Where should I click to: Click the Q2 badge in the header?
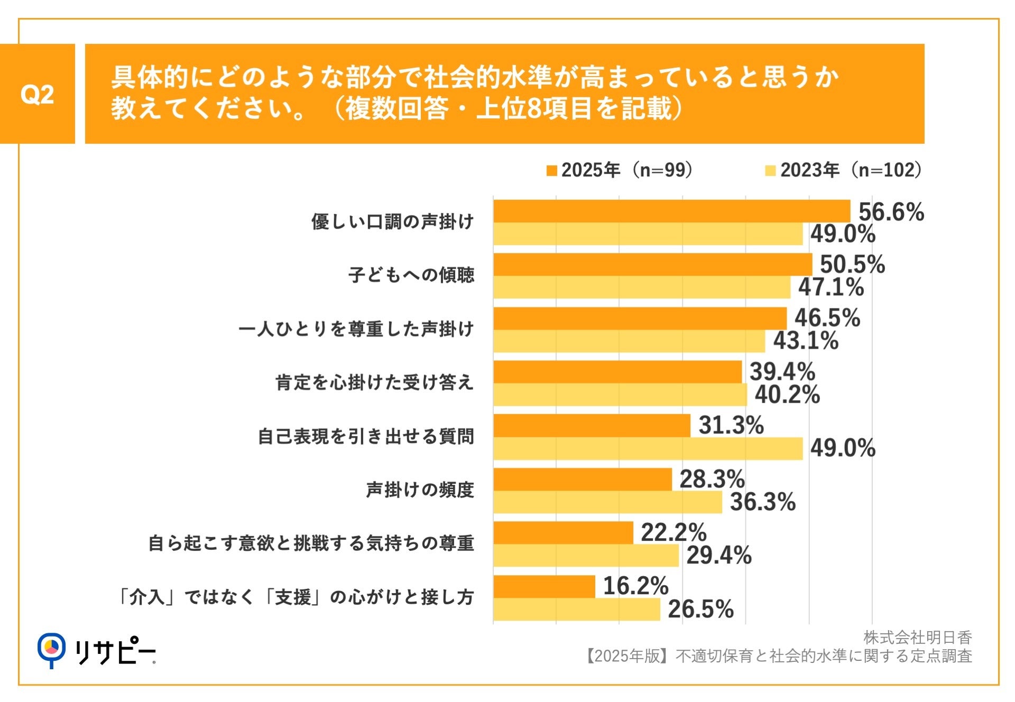(37, 94)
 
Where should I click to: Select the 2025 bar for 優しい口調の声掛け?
(671, 211)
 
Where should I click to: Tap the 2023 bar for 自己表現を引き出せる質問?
(648, 448)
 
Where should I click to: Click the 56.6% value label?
(891, 212)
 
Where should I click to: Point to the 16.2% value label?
(635, 586)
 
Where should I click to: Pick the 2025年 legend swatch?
(551, 171)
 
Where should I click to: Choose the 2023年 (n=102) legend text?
(851, 170)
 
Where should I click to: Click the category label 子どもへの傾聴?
(411, 275)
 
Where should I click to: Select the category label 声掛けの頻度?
(420, 490)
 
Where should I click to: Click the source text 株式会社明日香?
(917, 638)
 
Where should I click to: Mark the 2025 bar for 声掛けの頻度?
(582, 479)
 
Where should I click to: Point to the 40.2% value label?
(787, 395)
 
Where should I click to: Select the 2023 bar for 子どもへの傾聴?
(642, 287)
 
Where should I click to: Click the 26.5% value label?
(700, 609)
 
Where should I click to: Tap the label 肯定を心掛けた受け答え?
(374, 382)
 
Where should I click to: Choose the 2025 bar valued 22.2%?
(563, 532)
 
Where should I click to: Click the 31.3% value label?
(731, 425)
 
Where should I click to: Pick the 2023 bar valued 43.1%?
(629, 341)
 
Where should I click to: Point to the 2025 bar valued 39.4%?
(617, 372)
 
